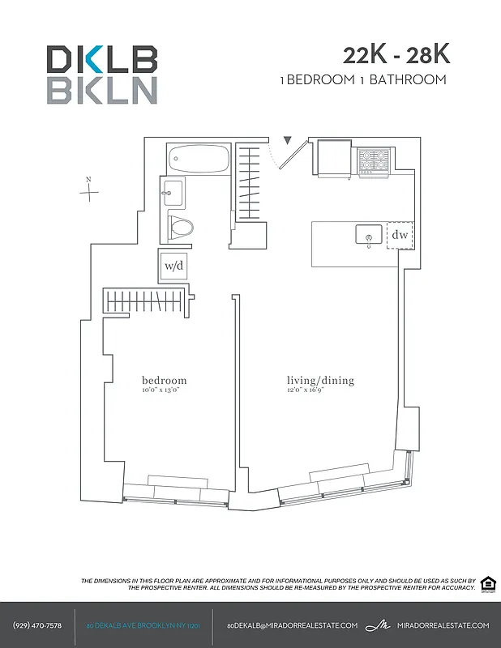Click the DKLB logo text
coord(101,59)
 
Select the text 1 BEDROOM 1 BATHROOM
coord(362,79)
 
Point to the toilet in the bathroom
coord(180,227)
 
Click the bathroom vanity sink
coord(173,193)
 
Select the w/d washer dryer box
coord(173,265)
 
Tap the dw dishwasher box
coord(399,235)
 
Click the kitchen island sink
coord(369,236)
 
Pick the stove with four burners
coord(374,161)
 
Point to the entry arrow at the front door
coord(286,142)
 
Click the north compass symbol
coord(90,191)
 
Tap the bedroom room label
coord(164,380)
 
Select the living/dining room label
coord(320,380)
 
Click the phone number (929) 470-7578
coord(37,625)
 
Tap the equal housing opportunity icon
coord(488,583)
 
